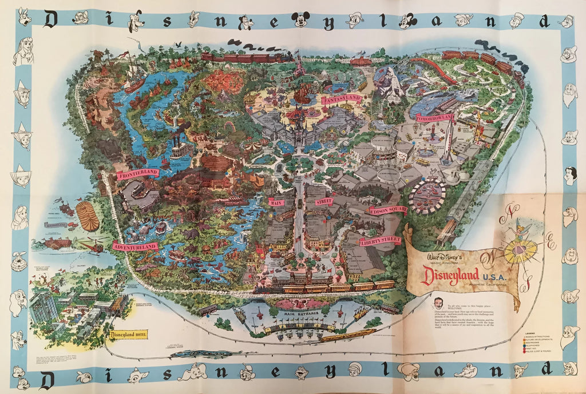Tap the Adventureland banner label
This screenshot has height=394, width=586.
click(x=136, y=246)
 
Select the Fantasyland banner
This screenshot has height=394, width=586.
click(x=340, y=99)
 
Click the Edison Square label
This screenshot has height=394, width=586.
click(x=387, y=210)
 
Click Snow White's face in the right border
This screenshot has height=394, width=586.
click(x=570, y=174)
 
